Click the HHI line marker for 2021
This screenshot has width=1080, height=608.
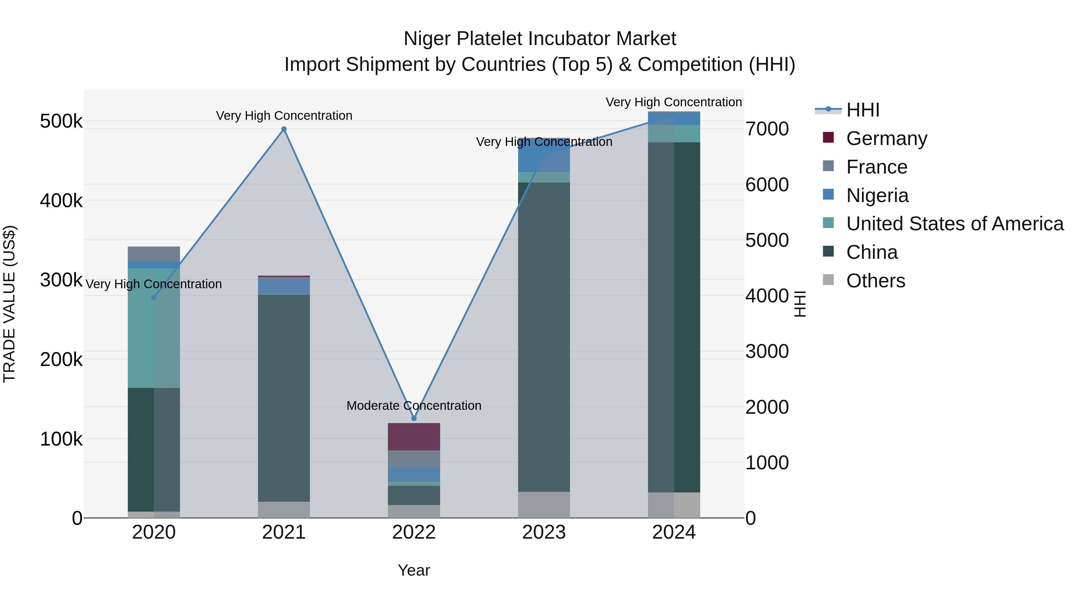click(284, 129)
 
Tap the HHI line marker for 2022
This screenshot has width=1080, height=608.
click(414, 418)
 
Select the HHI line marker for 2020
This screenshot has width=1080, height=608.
click(154, 298)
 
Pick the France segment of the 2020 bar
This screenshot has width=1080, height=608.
click(154, 254)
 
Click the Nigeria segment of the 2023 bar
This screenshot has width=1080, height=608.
click(544, 155)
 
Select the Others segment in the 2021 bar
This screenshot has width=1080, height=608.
click(284, 510)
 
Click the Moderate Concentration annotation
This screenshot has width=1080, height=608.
click(414, 406)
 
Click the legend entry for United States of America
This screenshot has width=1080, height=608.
click(954, 224)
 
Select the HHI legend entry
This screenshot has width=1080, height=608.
click(862, 110)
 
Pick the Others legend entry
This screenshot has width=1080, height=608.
click(875, 281)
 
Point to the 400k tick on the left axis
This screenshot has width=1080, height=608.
click(61, 201)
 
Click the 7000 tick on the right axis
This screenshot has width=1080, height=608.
click(767, 129)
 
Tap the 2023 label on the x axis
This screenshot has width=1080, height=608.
click(544, 532)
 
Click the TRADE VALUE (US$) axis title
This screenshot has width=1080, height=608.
click(9, 304)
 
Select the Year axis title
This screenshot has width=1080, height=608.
click(414, 570)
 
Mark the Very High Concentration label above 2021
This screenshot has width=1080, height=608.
click(284, 116)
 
